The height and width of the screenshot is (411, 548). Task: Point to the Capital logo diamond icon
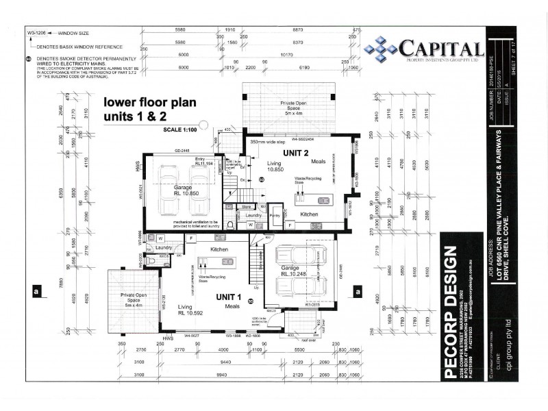coord(380,48)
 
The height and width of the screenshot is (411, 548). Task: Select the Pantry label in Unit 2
coord(275,215)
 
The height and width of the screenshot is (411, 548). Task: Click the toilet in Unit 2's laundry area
coord(232,225)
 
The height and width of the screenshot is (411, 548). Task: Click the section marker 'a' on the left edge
coord(35,291)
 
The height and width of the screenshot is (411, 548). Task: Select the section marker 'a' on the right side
coord(358,291)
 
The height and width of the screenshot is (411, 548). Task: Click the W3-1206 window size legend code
coord(38,32)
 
